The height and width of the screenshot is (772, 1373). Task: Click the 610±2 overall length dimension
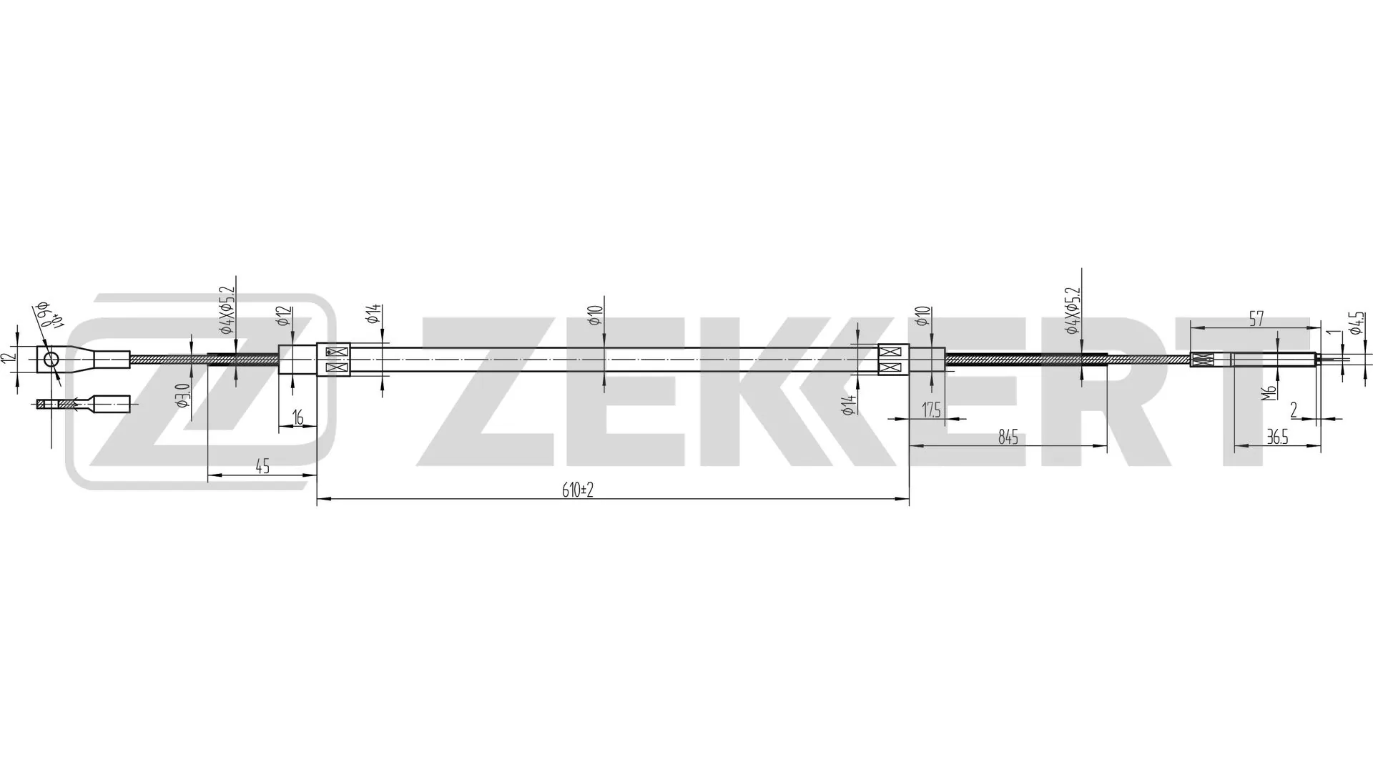click(579, 490)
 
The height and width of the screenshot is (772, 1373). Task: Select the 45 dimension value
click(262, 466)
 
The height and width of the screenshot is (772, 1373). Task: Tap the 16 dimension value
click(298, 417)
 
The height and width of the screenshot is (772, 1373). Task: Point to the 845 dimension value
click(1008, 437)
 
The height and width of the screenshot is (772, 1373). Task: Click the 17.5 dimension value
click(931, 410)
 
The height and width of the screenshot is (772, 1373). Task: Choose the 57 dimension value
click(1256, 319)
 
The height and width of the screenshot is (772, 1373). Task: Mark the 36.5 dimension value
click(1277, 437)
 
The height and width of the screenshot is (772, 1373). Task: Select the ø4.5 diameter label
click(1357, 323)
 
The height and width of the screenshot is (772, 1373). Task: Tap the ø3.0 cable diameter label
click(182, 395)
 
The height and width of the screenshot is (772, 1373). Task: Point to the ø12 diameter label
click(285, 316)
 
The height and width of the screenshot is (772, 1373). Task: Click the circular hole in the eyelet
click(51, 360)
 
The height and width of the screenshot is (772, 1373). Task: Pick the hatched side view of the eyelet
click(83, 405)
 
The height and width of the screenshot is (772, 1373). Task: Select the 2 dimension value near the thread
click(1294, 410)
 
